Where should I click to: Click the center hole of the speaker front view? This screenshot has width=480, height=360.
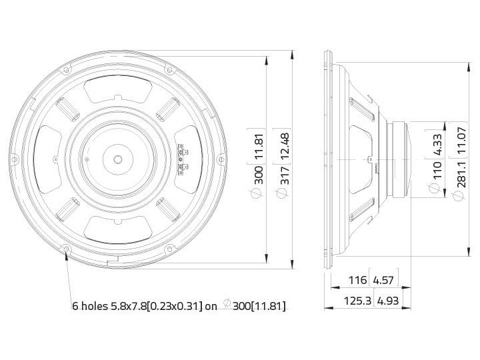point(118,160)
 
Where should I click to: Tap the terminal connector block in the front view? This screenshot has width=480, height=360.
point(181,159)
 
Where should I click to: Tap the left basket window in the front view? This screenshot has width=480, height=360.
point(45,160)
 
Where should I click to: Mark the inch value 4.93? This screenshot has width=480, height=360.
point(389,301)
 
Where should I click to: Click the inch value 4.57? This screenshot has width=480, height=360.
point(389,281)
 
